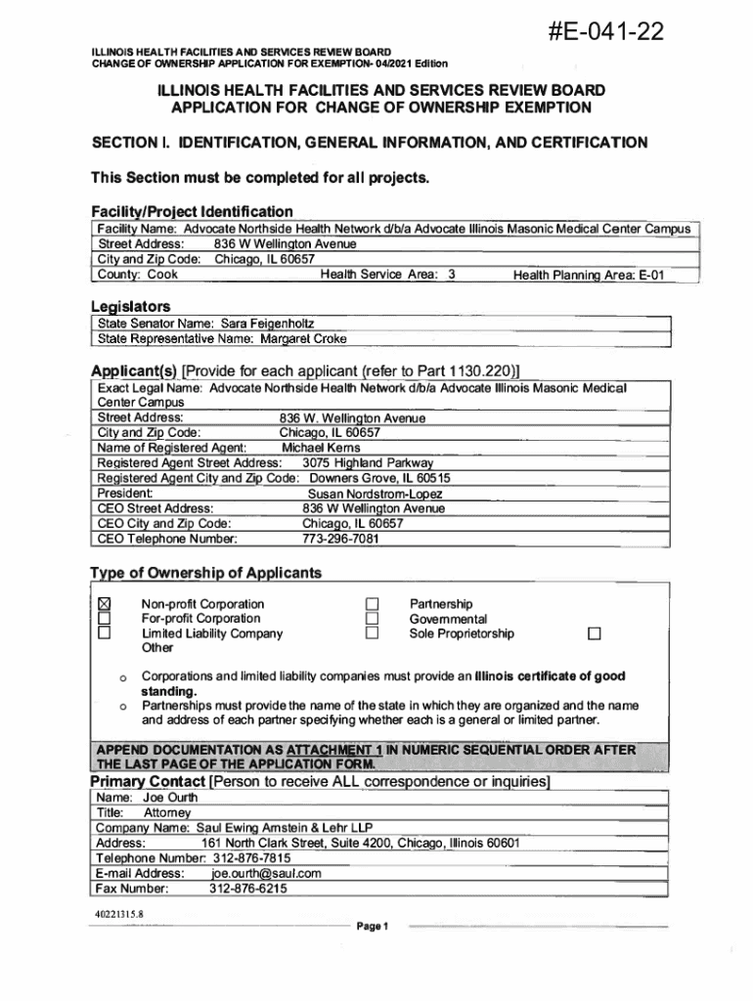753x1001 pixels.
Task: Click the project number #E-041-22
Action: click(608, 33)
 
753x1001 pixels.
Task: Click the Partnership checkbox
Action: click(372, 604)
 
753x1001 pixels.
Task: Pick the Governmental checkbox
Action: click(372, 619)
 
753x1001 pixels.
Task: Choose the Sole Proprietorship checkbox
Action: click(372, 633)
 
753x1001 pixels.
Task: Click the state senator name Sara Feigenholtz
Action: click(267, 323)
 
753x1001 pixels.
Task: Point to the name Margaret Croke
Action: click(303, 338)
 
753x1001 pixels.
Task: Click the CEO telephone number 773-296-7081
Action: click(340, 539)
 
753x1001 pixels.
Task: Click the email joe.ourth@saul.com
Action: click(266, 873)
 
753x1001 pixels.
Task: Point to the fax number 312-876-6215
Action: click(248, 889)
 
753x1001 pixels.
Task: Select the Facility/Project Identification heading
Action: click(192, 211)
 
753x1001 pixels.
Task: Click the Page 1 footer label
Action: click(374, 926)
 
